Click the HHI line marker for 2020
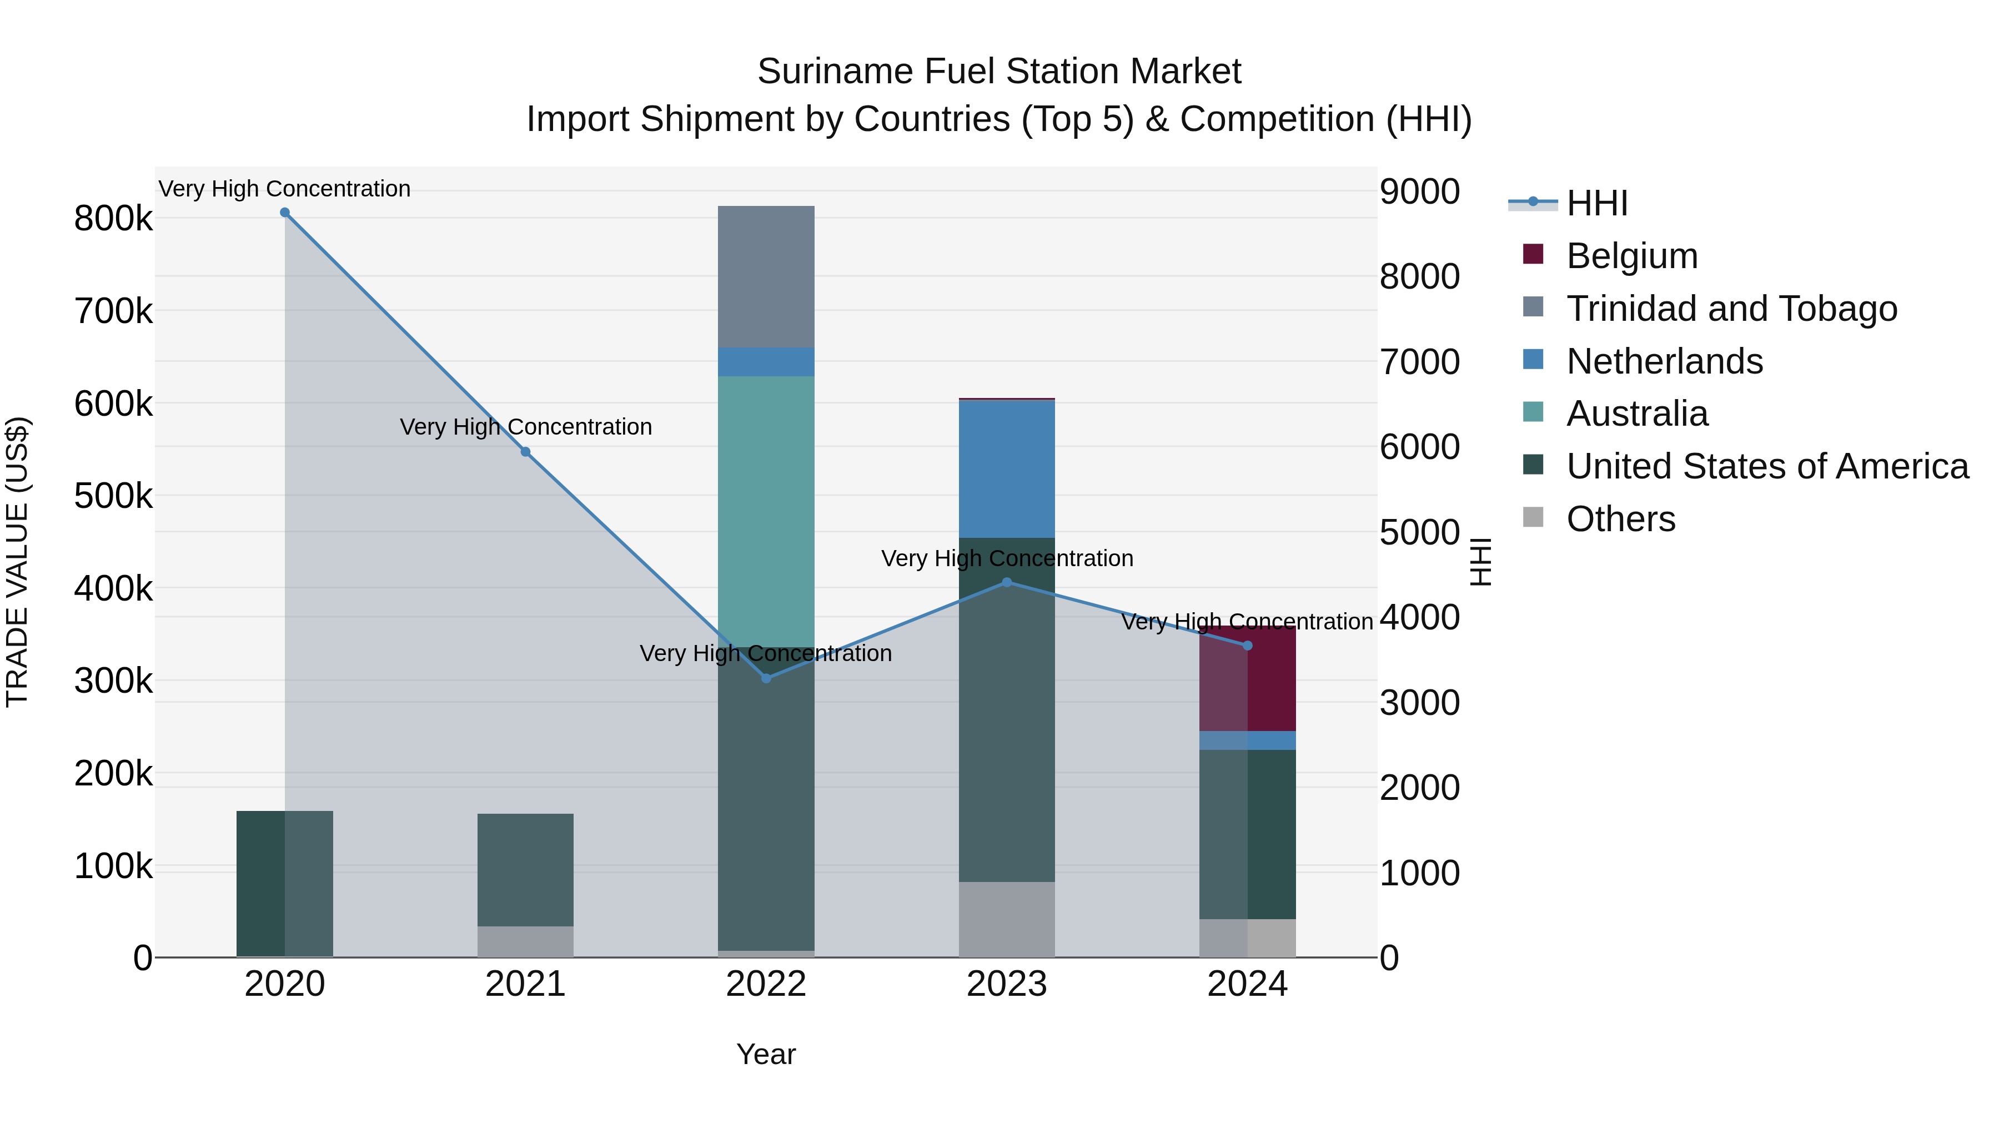285,213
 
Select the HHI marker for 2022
766,679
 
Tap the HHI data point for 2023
1007,583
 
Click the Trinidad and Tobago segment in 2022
766,277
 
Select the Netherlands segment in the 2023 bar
1007,469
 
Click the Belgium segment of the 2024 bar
1248,679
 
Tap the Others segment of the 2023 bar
1007,919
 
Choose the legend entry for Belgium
1631,256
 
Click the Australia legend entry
1636,414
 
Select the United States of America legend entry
1766,466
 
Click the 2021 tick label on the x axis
525,984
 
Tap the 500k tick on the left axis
113,496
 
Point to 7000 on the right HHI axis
1419,362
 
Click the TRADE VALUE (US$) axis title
17,562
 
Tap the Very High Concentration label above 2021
525,427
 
